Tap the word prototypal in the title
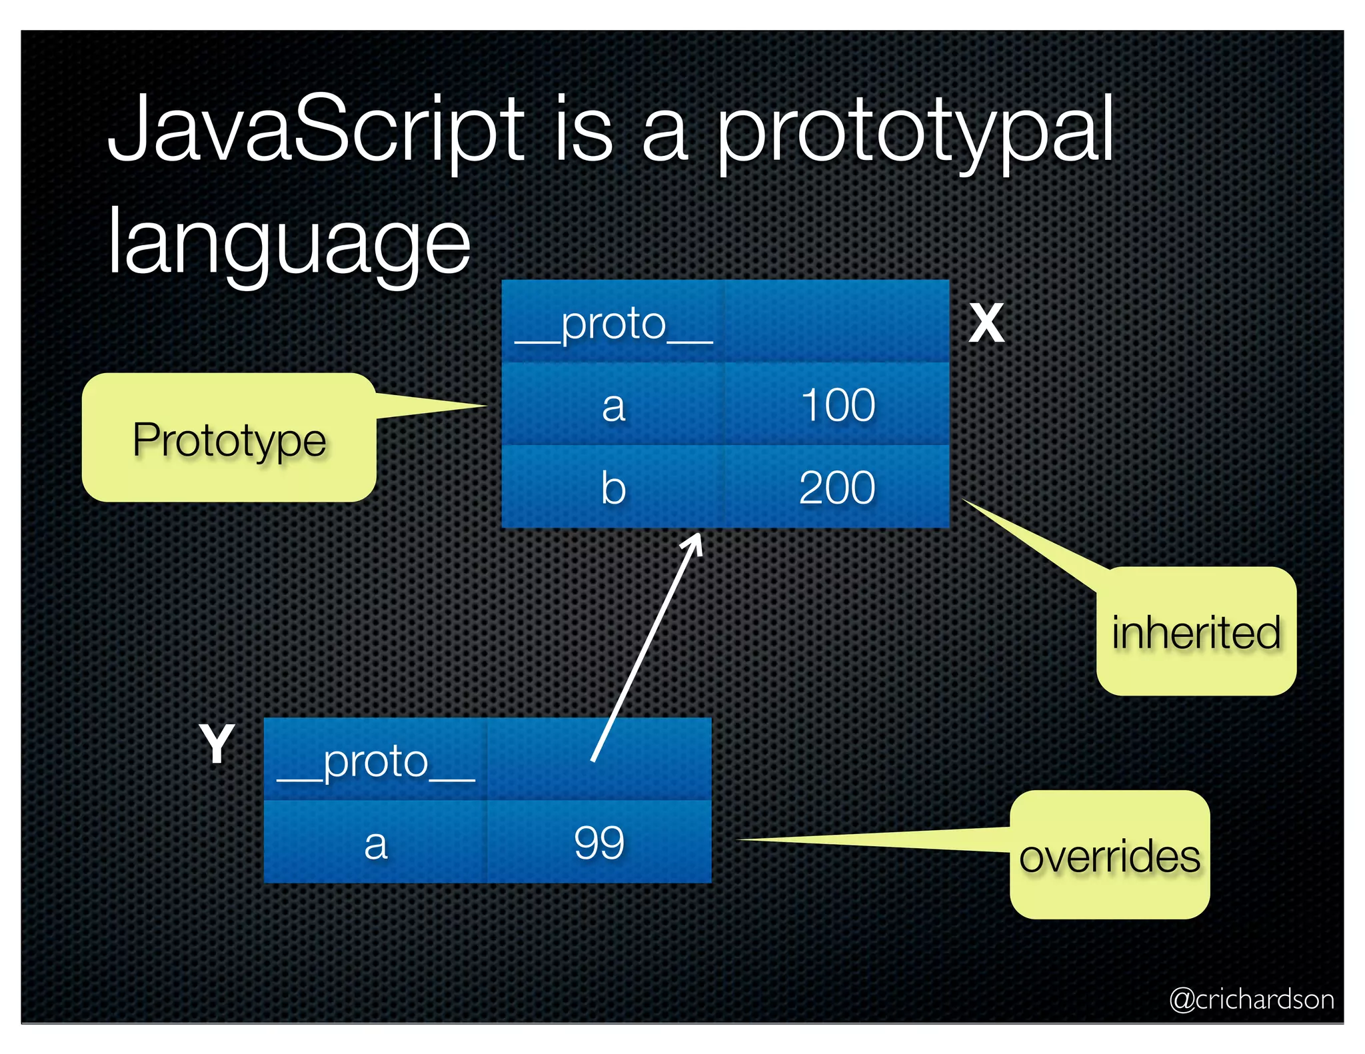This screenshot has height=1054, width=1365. click(914, 133)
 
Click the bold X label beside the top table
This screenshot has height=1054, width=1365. click(986, 324)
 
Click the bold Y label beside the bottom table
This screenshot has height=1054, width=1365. click(217, 744)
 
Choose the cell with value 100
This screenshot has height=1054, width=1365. click(837, 405)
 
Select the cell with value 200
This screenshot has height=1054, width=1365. click(837, 488)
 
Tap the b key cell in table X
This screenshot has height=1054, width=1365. click(613, 488)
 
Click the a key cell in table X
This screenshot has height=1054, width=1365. click(613, 405)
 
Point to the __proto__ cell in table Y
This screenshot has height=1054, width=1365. click(375, 760)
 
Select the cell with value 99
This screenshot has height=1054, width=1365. click(599, 843)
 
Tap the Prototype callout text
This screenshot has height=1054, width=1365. click(229, 440)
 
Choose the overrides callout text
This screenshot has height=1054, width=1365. click(1110, 856)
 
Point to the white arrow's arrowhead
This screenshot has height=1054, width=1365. click(696, 540)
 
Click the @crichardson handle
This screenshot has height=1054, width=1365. click(1251, 999)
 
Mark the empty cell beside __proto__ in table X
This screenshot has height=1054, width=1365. click(837, 322)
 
